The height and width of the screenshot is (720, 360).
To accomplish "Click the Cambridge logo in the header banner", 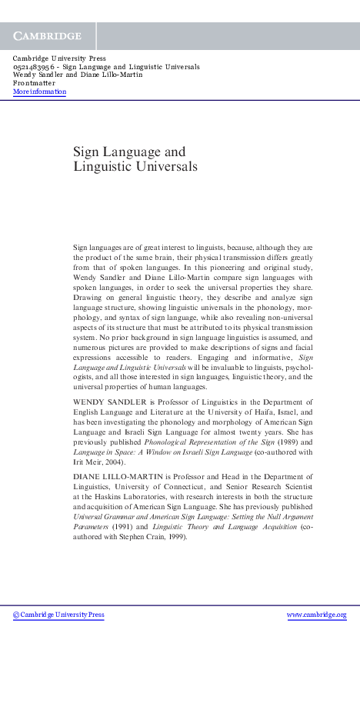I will pos(47,36).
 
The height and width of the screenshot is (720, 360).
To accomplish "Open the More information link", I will pos(39,92).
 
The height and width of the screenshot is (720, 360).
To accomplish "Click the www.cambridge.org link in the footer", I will pos(316,615).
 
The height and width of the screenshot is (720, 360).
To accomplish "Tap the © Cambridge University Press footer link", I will pos(58,615).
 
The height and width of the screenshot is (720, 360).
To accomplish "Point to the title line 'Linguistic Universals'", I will pos(135,166).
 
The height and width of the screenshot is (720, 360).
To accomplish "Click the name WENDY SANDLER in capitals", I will pos(105,402).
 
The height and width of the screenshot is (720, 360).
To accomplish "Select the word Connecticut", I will pos(208,488).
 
